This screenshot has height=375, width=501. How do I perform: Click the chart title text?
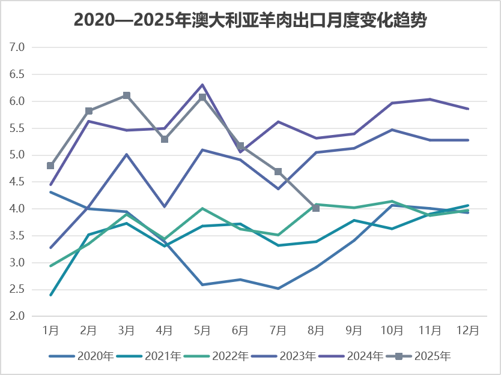pos(250,20)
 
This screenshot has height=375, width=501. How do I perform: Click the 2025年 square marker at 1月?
pos(50,166)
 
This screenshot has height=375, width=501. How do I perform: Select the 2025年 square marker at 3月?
pos(127,95)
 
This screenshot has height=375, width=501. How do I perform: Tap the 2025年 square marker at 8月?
pos(316,208)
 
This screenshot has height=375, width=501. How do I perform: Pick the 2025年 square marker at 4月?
pos(165,139)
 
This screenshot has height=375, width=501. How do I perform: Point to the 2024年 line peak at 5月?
pos(202,85)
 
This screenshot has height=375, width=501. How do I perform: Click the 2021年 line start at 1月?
pos(50,295)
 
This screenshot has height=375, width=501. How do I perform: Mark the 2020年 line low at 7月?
pos(278,289)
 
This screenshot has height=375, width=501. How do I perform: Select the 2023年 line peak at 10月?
pos(392,130)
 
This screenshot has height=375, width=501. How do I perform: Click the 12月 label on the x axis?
pos(468,330)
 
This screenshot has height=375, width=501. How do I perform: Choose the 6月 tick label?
pos(240,330)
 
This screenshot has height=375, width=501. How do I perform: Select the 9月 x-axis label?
pos(354,330)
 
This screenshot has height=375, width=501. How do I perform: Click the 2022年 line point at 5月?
pos(202,209)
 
